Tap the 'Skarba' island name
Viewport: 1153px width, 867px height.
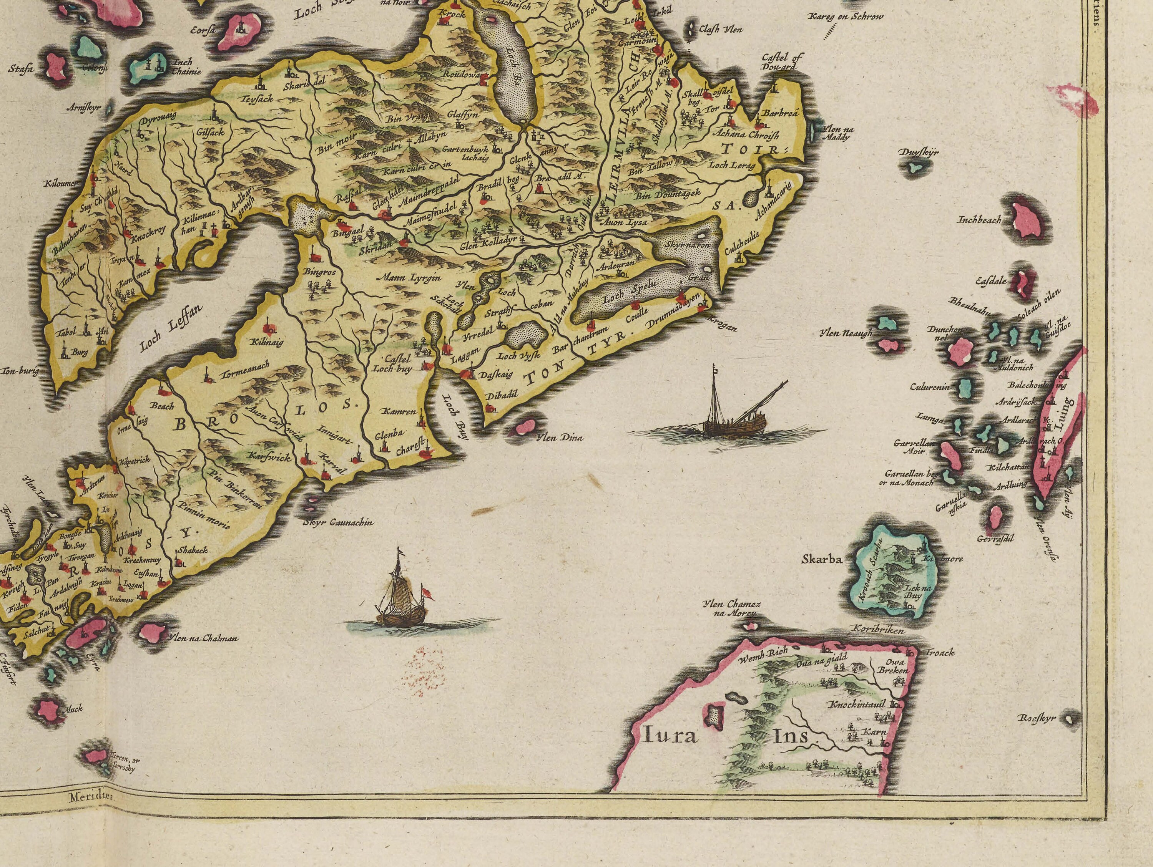click(822, 560)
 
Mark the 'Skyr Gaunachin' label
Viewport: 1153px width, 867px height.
click(338, 522)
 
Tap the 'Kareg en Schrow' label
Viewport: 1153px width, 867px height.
click(846, 17)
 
